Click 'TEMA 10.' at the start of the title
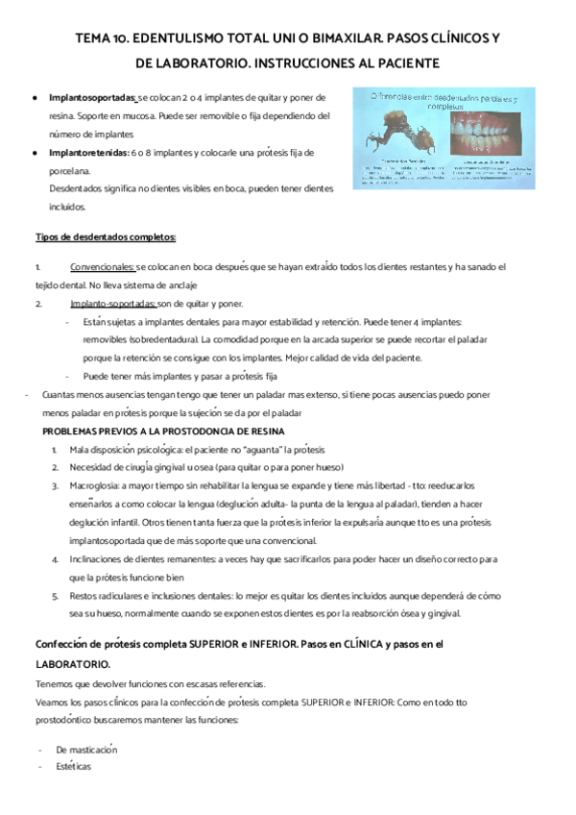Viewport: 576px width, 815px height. click(100, 39)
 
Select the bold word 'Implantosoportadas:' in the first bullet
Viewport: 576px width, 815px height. click(93, 97)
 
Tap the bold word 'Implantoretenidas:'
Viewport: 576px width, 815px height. click(88, 152)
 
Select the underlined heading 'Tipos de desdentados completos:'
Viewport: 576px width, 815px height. click(91, 236)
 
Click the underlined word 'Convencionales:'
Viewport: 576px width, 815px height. click(103, 266)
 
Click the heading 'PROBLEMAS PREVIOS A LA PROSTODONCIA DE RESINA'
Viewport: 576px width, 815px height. click(162, 431)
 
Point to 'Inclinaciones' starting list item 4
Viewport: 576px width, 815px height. click(97, 558)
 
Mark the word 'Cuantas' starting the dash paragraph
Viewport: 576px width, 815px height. click(59, 394)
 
